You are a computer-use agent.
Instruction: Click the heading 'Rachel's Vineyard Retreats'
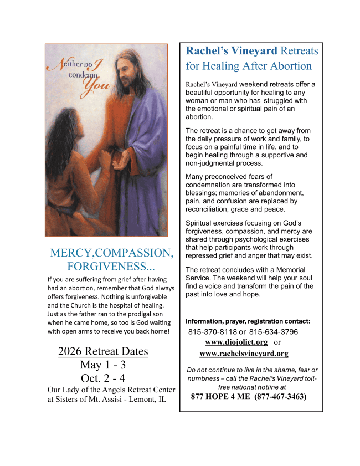tap(252, 51)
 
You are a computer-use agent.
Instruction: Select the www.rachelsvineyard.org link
tap(244, 353)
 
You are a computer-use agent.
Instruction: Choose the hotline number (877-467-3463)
tap(280, 397)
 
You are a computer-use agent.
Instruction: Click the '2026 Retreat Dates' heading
tap(103, 351)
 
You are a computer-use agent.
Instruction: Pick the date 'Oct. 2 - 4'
tap(103, 378)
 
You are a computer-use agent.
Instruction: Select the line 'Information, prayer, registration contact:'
tap(248, 321)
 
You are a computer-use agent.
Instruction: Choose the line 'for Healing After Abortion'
tap(249, 66)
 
